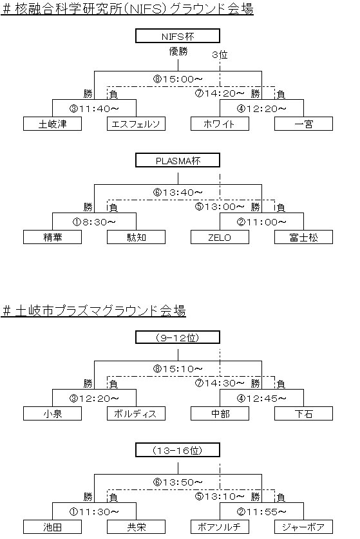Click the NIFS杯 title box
[178, 36]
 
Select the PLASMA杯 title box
[178, 160]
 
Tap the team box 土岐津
[53, 124]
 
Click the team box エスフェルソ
[136, 124]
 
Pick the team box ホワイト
[220, 124]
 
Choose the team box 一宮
[303, 124]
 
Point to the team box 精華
[53, 237]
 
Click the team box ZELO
[220, 237]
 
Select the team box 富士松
[303, 237]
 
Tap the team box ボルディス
[136, 413]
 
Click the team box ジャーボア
[303, 527]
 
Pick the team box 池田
[53, 527]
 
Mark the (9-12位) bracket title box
[178, 337]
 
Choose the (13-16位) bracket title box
[178, 450]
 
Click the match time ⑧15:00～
[178, 79]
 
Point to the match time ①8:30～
[94, 222]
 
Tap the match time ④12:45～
[261, 399]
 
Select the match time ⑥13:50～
[178, 482]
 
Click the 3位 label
[220, 55]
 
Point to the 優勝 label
[178, 52]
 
